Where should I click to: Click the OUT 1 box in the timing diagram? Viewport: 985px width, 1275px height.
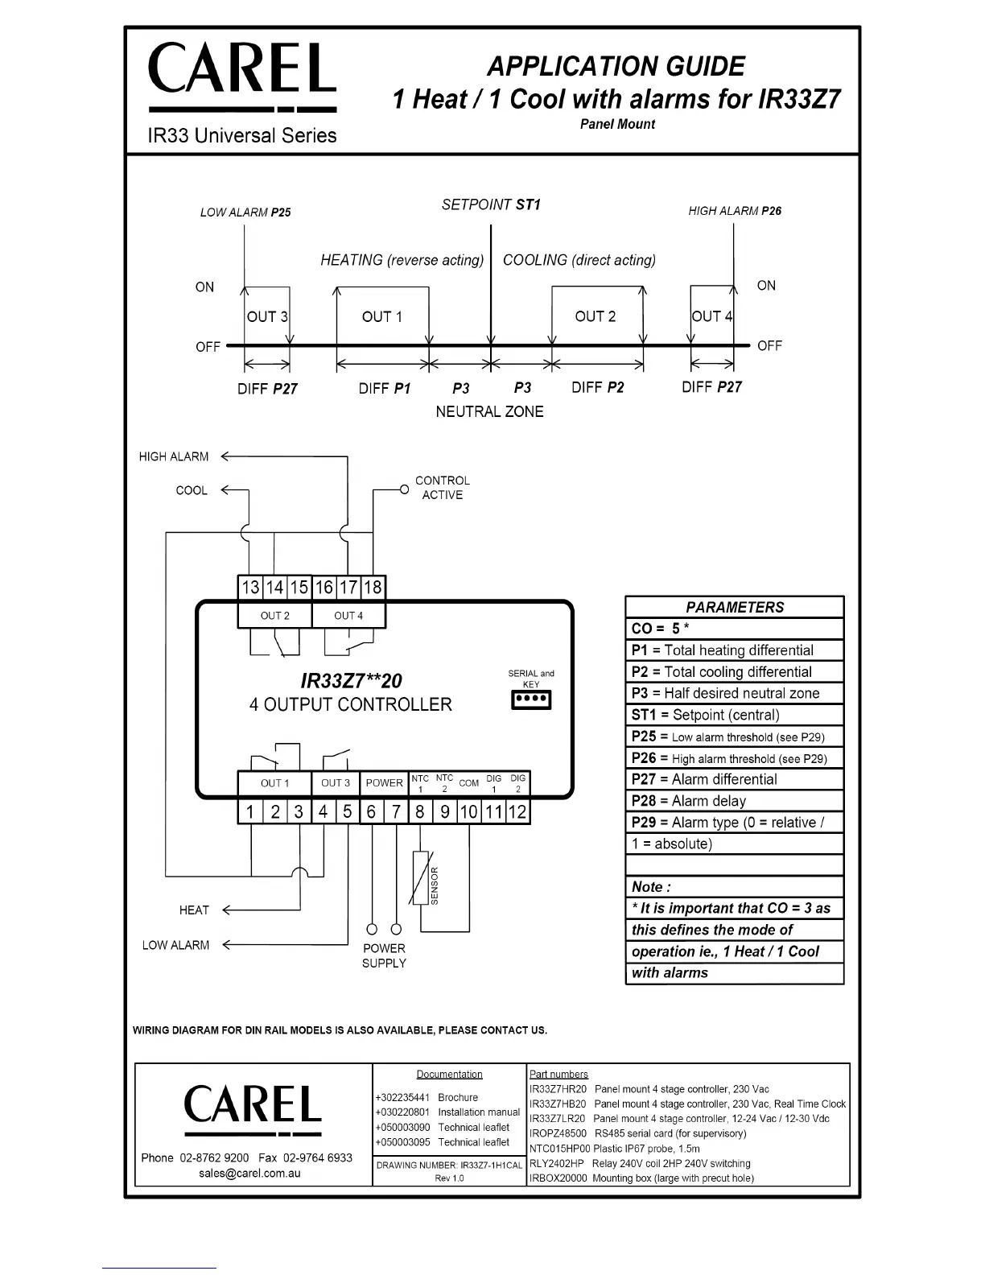[382, 316]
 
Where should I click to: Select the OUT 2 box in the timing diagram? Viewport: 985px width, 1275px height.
[596, 316]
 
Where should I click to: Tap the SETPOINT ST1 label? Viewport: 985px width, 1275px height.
[491, 204]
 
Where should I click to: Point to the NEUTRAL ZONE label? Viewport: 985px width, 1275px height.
[489, 411]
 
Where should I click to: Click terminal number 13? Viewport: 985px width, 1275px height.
[251, 587]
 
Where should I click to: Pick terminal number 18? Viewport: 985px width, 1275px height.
[373, 587]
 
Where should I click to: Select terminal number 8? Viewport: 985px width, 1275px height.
[419, 811]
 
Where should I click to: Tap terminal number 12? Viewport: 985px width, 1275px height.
[517, 811]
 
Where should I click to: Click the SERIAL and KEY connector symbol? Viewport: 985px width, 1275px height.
[531, 700]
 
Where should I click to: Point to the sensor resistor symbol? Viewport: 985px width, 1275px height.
[421, 877]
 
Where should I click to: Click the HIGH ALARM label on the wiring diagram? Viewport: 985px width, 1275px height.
[174, 456]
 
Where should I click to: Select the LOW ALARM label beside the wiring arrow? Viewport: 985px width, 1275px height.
[175, 945]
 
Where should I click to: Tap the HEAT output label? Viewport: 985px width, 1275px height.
[194, 910]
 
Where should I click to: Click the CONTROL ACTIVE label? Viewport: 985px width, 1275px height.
[442, 488]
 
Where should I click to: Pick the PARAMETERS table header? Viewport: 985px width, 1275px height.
[734, 607]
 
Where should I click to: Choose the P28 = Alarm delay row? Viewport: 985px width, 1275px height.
[734, 801]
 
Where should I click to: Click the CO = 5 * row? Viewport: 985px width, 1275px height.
[734, 629]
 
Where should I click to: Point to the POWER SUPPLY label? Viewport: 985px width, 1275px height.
[384, 955]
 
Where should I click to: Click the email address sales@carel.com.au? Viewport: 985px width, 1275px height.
[249, 1174]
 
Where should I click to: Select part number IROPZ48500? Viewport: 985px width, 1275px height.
[558, 1133]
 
